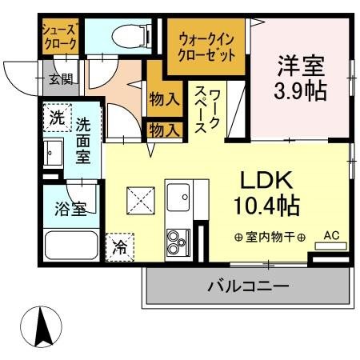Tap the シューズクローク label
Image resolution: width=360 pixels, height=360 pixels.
pos(59,33)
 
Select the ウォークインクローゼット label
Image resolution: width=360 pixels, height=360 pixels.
pos(207,46)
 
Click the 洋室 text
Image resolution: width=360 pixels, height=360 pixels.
pos(302,62)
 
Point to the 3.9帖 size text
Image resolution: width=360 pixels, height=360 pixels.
pos(302,89)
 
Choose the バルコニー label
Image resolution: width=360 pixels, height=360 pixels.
pos(248,285)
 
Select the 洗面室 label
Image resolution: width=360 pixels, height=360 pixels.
pos(83,141)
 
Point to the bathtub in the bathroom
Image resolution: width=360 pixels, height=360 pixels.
pos(72,244)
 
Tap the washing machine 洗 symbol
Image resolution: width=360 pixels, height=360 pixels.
pos(56,118)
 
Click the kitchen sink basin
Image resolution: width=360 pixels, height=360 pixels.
pos(178,195)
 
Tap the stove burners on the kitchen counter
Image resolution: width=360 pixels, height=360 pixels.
pos(176,240)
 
